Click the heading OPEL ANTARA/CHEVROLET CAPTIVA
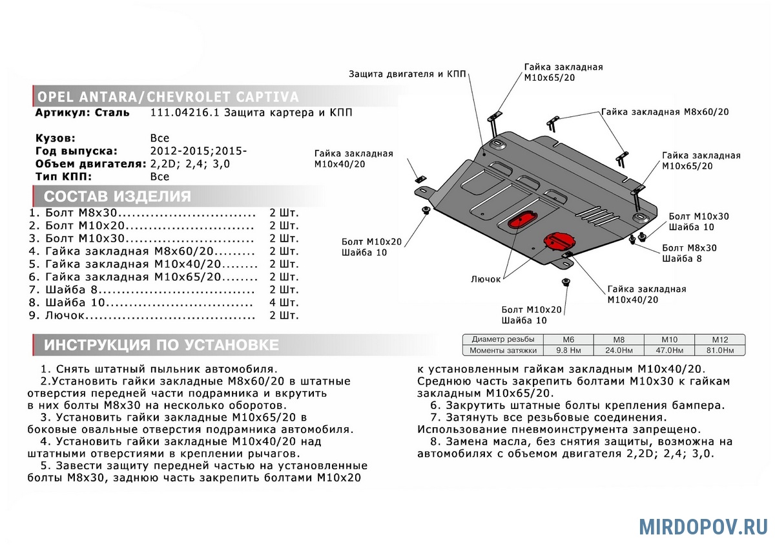click(168, 97)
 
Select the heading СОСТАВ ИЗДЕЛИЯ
click(118, 196)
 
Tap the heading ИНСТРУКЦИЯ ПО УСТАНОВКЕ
click(161, 345)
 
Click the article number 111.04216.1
click(185, 112)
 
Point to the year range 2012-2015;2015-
click(199, 151)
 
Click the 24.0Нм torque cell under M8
click(619, 350)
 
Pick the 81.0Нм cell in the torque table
click(720, 350)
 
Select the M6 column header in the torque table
click(568, 340)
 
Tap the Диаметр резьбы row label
click(503, 339)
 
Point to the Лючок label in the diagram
click(486, 279)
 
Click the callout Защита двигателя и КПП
click(408, 74)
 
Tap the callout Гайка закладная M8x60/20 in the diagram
click(665, 112)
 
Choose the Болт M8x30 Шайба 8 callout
click(689, 253)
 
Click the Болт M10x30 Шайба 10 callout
click(699, 222)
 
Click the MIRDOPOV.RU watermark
click(703, 527)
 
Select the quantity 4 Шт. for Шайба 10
click(284, 302)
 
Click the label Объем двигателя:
click(91, 163)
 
